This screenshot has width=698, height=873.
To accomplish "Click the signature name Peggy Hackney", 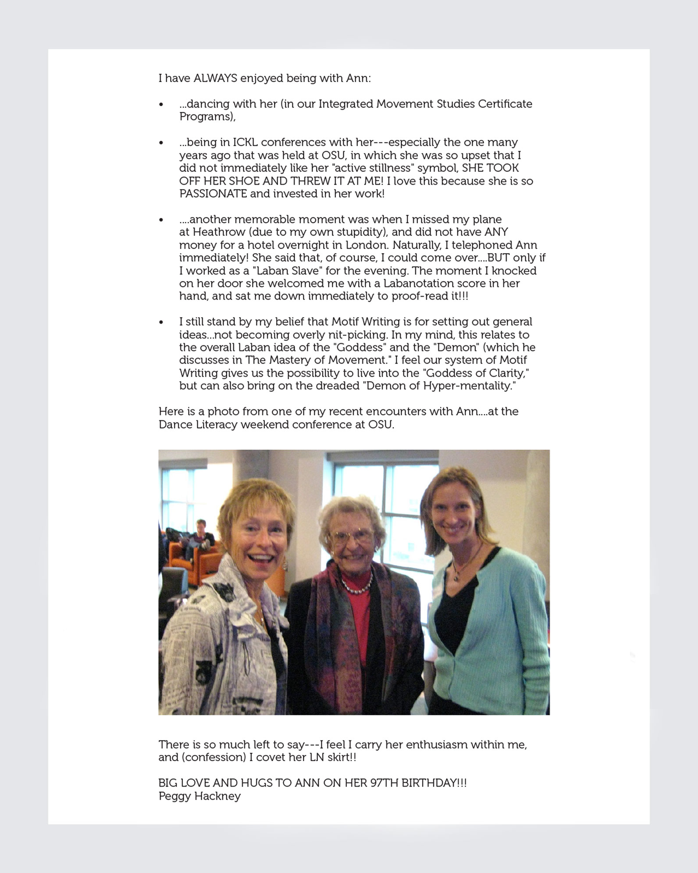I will pos(199,796).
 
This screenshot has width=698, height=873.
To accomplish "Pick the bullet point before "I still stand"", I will pos(161,322).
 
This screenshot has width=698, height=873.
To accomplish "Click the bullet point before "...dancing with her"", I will pos(161,104).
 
